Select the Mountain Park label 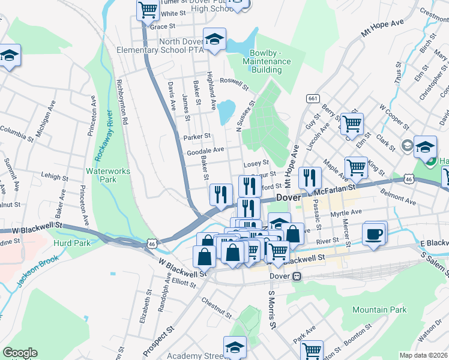[379, 310]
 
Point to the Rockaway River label [102, 135]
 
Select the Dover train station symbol [296, 277]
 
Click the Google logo [20, 353]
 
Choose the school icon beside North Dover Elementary [214, 38]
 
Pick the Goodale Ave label [205, 150]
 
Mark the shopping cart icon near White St [148, 10]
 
